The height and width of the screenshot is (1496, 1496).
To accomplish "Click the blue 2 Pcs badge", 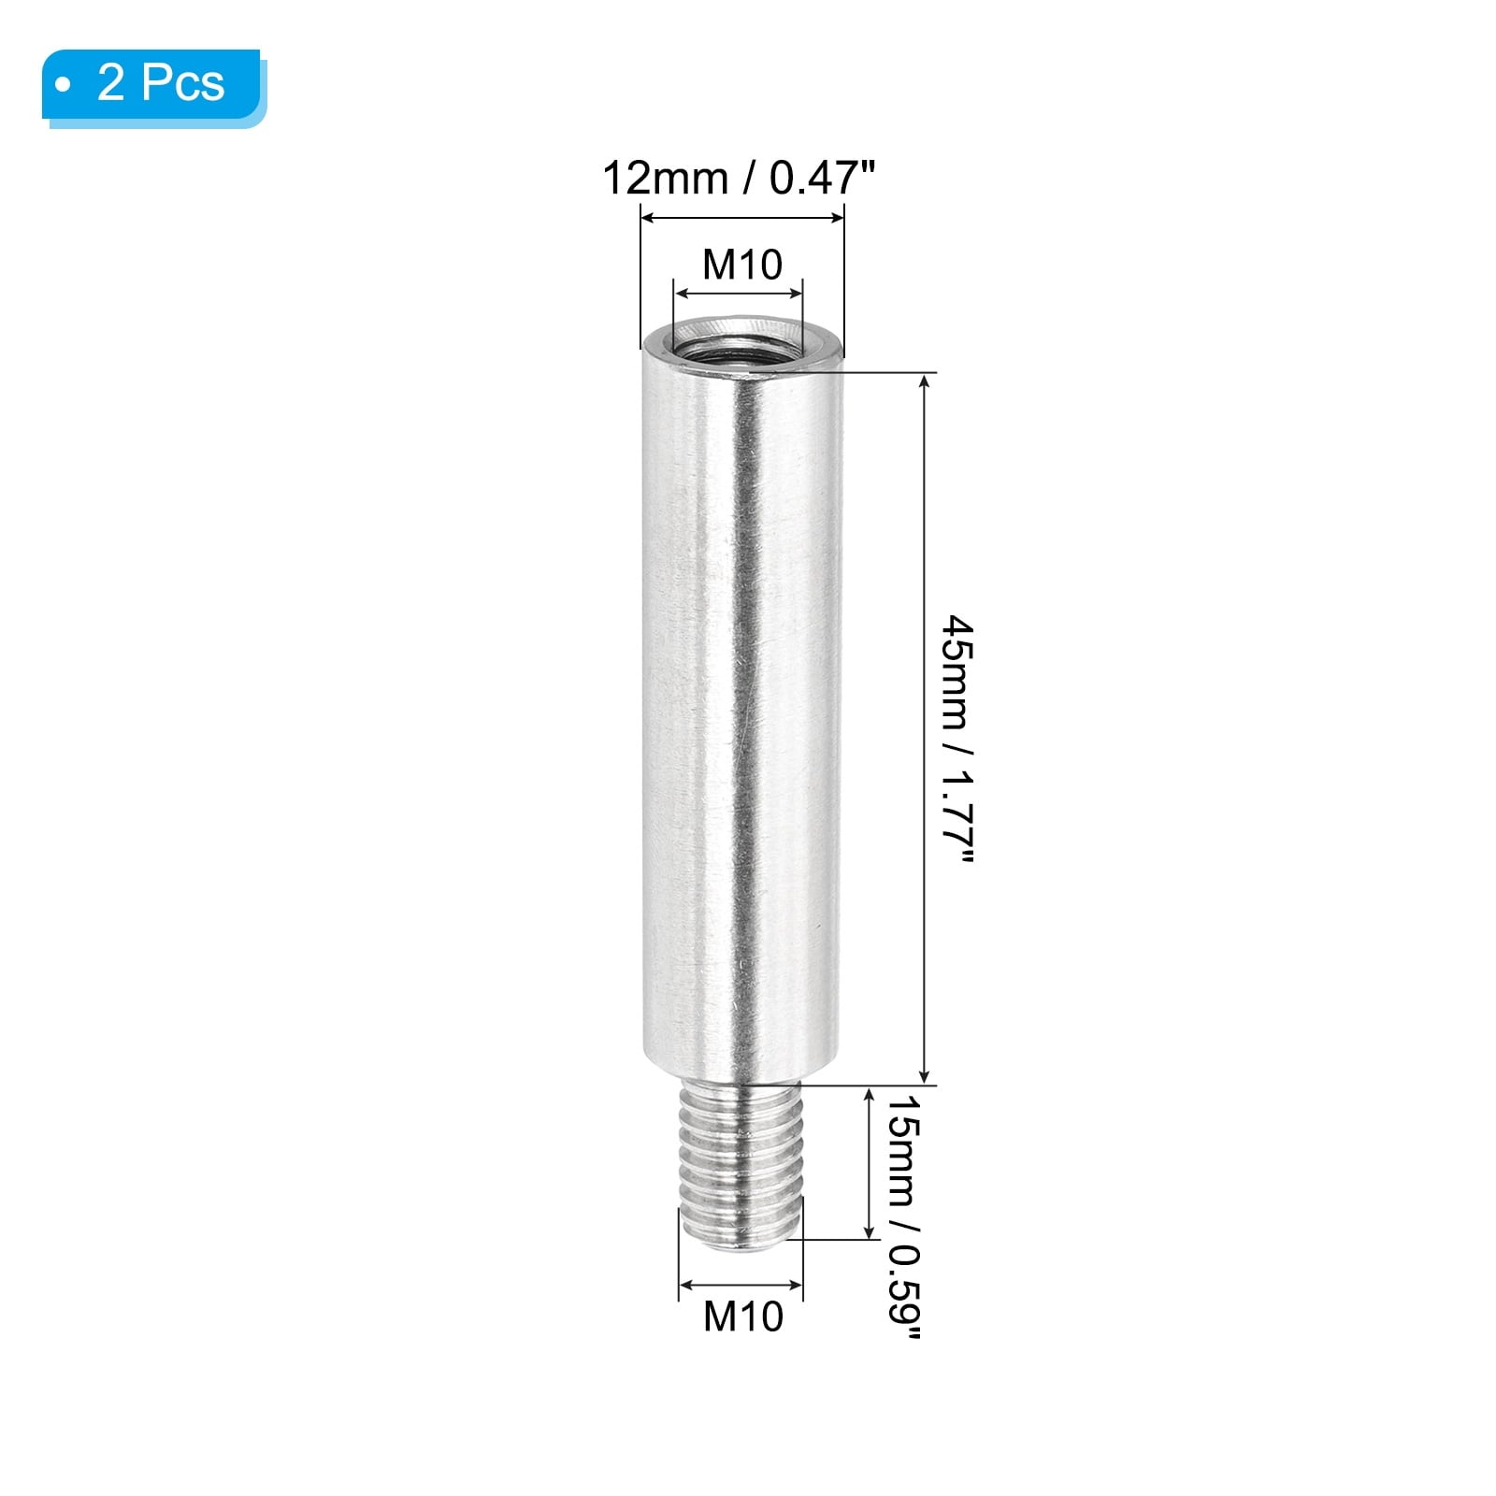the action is click(154, 87).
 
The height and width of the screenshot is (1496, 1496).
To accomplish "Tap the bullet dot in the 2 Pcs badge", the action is click(63, 86).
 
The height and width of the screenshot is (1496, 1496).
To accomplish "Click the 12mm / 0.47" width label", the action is click(739, 179).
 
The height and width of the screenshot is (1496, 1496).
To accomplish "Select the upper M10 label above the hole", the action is click(742, 265).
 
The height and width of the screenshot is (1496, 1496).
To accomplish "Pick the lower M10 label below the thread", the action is click(743, 1316).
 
